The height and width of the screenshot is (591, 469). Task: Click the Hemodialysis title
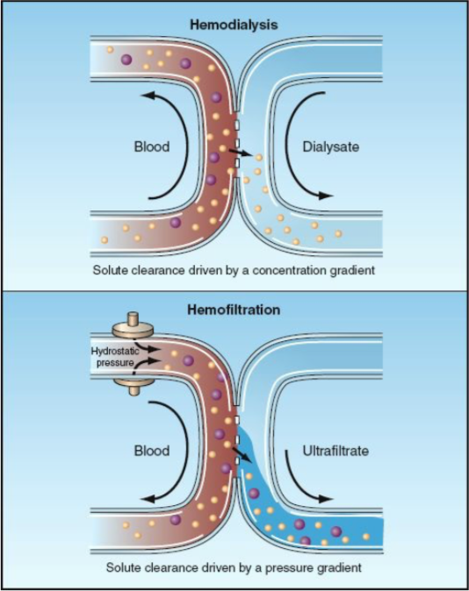coord(234,25)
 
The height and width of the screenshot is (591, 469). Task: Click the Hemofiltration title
coord(234,310)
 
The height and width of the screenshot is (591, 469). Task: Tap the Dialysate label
coord(331,146)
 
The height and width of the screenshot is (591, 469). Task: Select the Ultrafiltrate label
coord(336,451)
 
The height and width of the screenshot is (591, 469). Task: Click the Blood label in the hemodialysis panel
coord(152,146)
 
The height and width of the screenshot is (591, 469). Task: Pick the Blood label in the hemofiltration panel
coord(152,451)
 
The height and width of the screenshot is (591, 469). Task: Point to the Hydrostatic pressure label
coord(115,357)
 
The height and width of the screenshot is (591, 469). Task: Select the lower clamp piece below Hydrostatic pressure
coord(133,384)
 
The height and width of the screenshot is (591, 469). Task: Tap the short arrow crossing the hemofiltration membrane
coord(241,455)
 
